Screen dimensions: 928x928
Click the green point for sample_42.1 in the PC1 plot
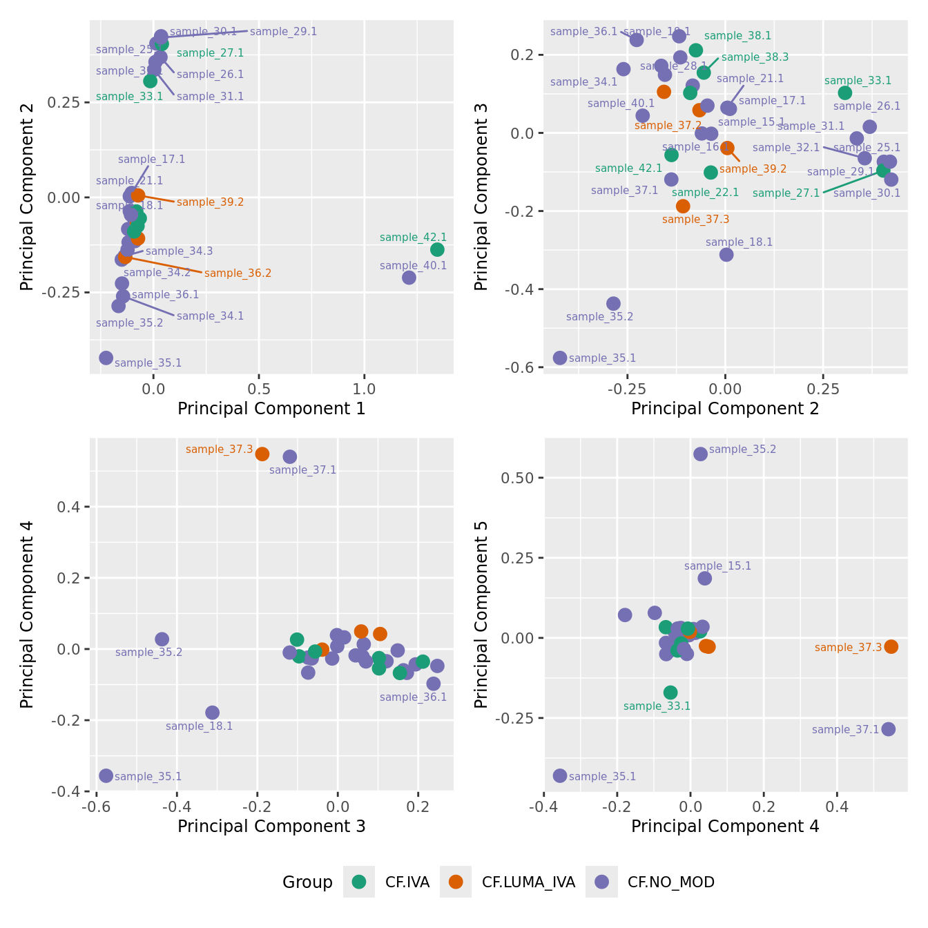point(437,249)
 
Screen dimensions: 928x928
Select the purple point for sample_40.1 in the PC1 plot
point(409,278)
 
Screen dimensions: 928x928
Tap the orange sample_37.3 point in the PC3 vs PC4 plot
point(262,454)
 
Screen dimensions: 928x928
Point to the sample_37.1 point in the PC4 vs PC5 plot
point(889,729)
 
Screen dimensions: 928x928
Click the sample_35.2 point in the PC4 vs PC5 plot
point(701,454)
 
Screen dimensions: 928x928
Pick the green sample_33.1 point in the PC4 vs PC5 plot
point(670,693)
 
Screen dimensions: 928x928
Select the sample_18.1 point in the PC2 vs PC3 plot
point(726,254)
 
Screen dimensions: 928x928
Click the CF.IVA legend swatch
point(359,882)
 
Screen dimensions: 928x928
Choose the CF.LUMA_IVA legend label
point(528,882)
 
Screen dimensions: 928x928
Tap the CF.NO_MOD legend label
point(670,882)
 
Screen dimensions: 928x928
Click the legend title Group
point(307,882)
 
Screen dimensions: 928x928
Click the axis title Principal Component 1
point(271,409)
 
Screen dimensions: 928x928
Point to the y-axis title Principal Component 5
point(481,614)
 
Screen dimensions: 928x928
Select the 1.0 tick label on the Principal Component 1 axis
point(365,389)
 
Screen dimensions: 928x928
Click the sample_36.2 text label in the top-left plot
point(238,273)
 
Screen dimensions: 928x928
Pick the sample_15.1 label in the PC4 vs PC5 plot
point(717,566)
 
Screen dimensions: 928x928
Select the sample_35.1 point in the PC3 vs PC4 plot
point(106,775)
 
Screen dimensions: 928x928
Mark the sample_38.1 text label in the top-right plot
point(737,36)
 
